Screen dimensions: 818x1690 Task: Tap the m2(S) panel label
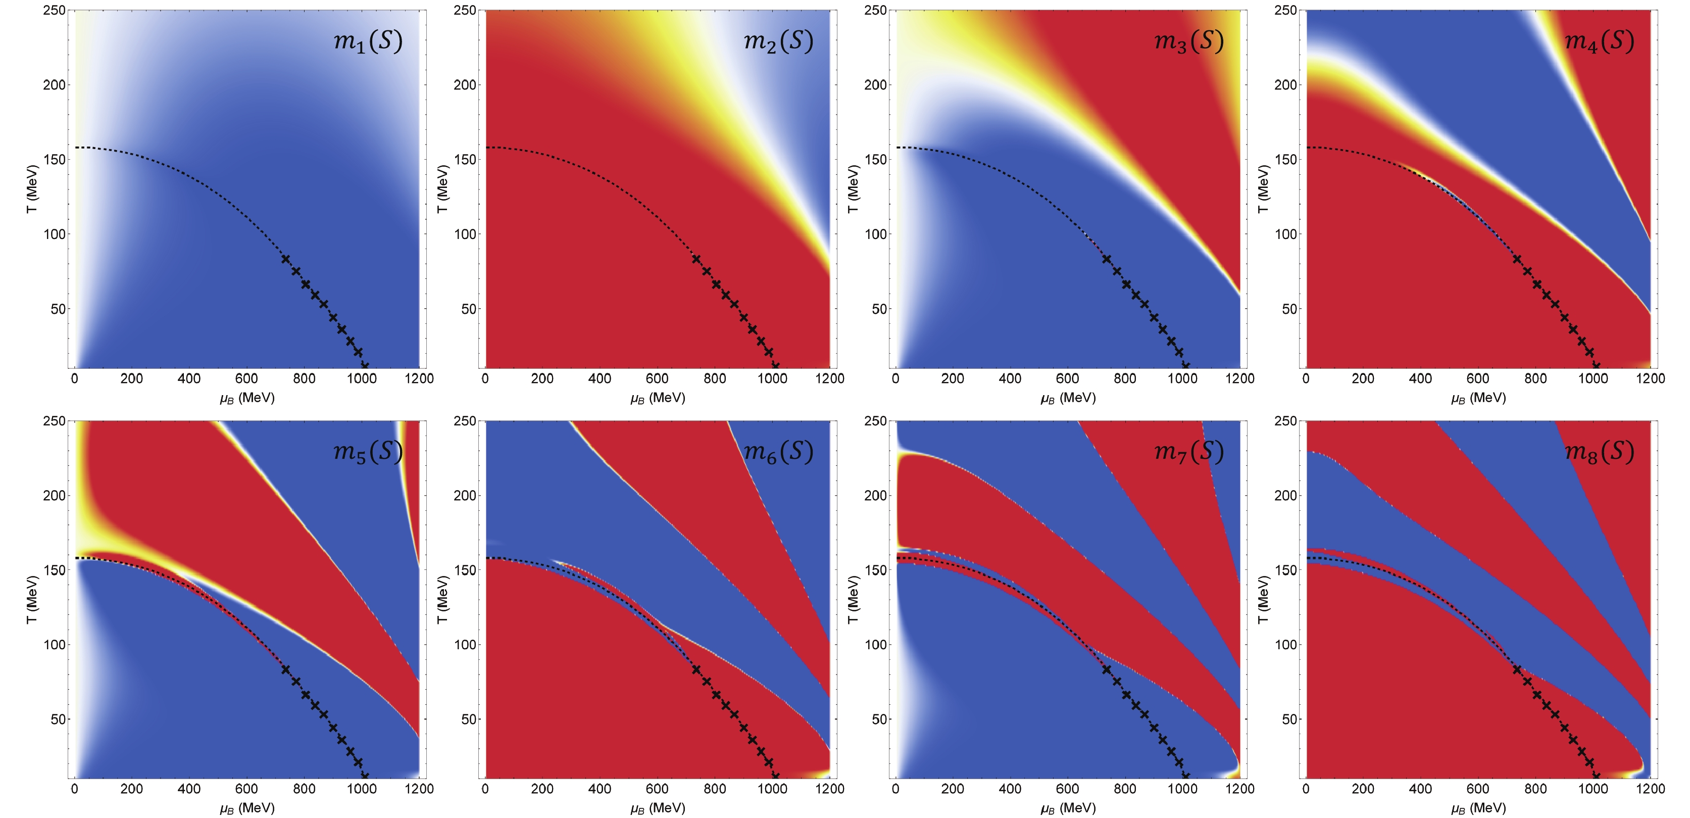pyautogui.click(x=778, y=41)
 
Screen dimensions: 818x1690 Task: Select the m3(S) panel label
pyautogui.click(x=1189, y=41)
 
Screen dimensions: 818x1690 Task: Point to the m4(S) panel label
pyautogui.click(x=1599, y=41)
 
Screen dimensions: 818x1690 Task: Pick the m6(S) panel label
pyautogui.click(x=778, y=452)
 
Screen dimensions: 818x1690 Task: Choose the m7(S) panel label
pyautogui.click(x=1189, y=452)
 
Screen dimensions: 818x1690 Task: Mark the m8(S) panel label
pyautogui.click(x=1599, y=452)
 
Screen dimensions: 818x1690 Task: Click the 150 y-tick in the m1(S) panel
pyautogui.click(x=55, y=160)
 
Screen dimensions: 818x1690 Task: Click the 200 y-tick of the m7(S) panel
pyautogui.click(x=876, y=496)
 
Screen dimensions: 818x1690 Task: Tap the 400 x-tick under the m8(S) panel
pyautogui.click(x=1420, y=789)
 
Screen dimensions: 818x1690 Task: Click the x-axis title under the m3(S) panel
pyautogui.click(x=1067, y=398)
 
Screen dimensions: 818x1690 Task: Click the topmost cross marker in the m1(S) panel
pyautogui.click(x=285, y=259)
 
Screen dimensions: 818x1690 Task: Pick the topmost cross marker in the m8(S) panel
pyautogui.click(x=1517, y=669)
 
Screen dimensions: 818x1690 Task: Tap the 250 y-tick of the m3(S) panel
pyautogui.click(x=876, y=11)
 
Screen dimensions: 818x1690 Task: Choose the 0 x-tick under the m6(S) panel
pyautogui.click(x=485, y=789)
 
